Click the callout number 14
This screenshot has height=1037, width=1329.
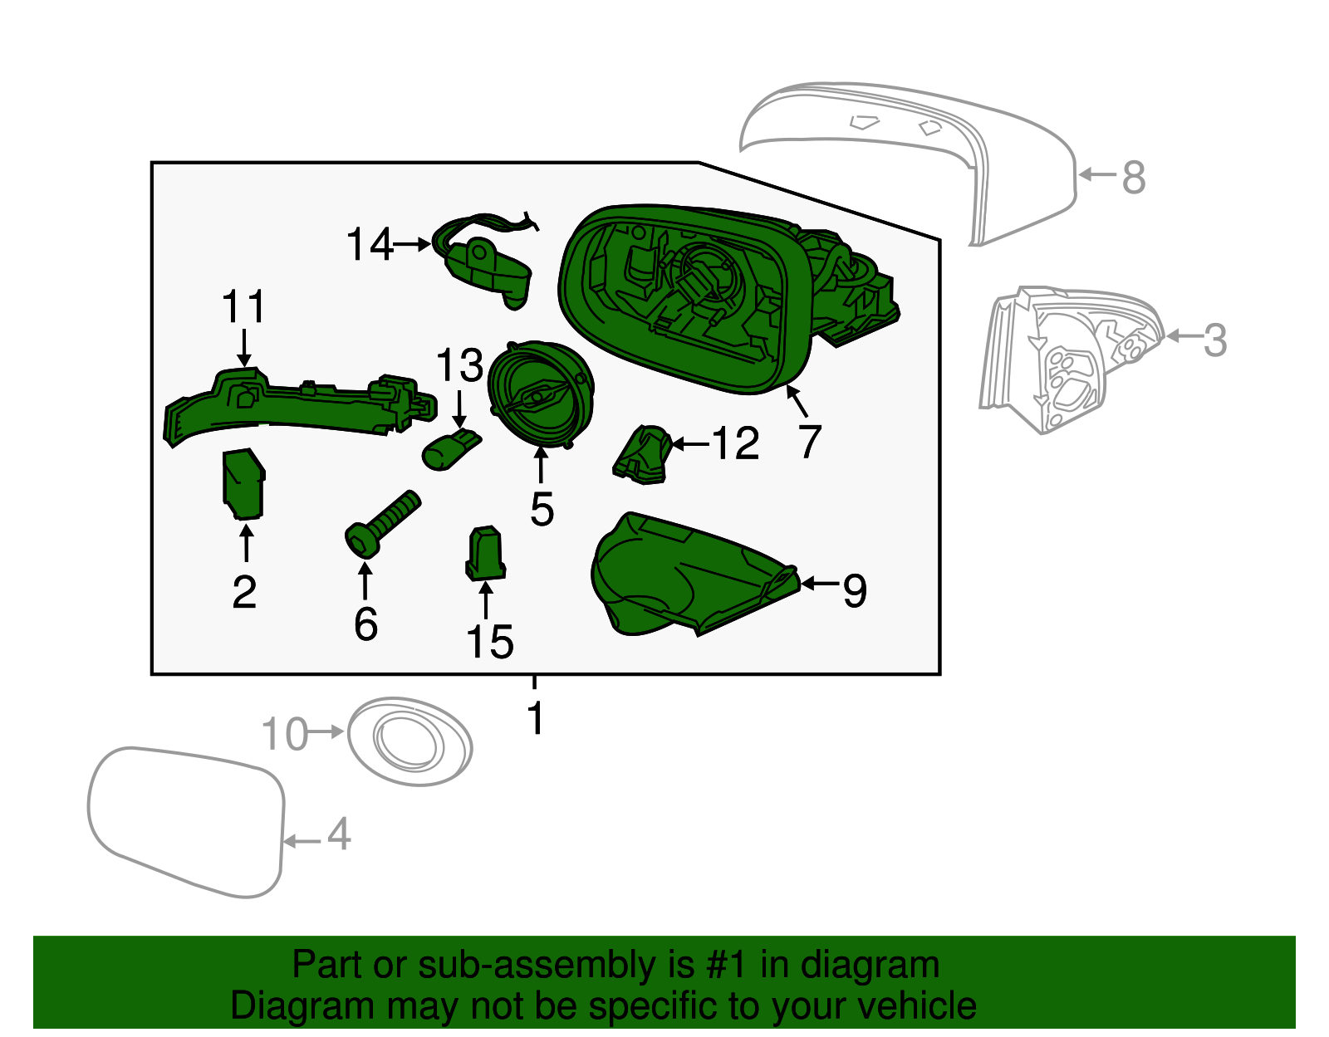(369, 245)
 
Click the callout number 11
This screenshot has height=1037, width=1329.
(243, 307)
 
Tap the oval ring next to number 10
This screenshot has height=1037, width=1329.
(409, 741)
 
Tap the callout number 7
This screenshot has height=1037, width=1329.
(810, 441)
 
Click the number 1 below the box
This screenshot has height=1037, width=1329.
(536, 718)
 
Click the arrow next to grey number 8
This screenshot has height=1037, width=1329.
(1097, 174)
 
